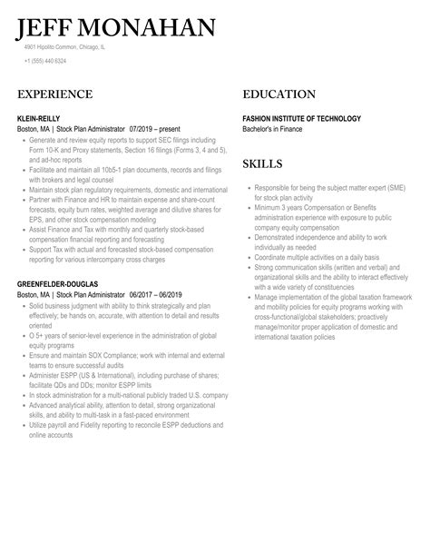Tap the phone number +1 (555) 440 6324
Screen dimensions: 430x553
pyautogui.click(x=45, y=61)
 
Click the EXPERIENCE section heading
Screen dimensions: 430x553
pyautogui.click(x=54, y=94)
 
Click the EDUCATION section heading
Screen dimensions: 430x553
pyautogui.click(x=279, y=94)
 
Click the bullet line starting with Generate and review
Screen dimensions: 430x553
pyautogui.click(x=122, y=140)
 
